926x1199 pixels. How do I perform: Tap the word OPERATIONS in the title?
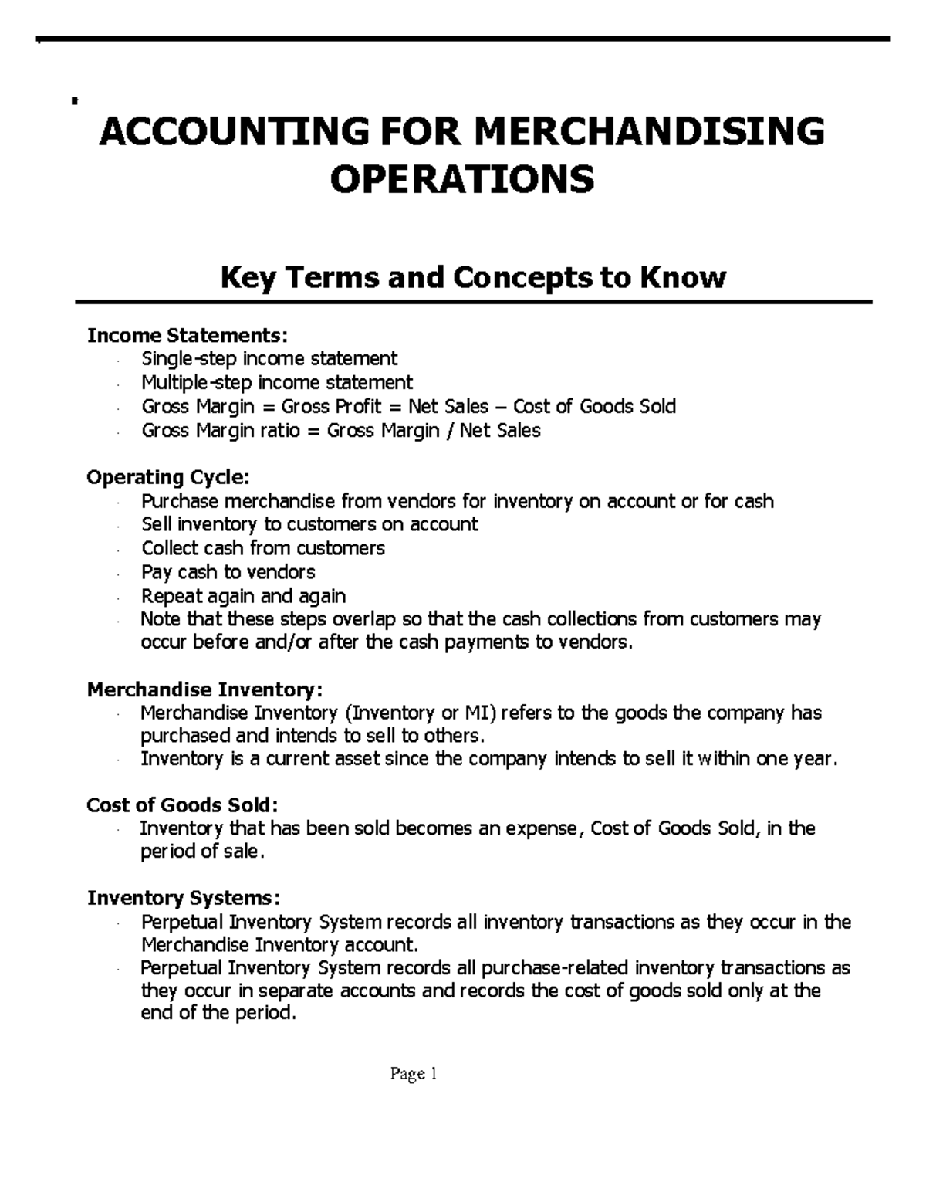pyautogui.click(x=462, y=179)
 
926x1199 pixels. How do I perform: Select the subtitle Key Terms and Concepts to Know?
pyautogui.click(x=473, y=276)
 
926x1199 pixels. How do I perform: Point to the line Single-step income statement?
pyautogui.click(x=269, y=358)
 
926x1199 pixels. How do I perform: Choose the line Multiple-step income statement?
pyautogui.click(x=277, y=382)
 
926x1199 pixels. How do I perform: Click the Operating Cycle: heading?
pyautogui.click(x=168, y=478)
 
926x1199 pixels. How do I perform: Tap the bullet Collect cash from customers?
pyautogui.click(x=263, y=548)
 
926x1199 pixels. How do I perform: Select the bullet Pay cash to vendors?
pyautogui.click(x=228, y=572)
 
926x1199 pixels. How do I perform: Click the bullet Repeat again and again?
pyautogui.click(x=244, y=596)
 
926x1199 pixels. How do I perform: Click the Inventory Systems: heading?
pyautogui.click(x=184, y=899)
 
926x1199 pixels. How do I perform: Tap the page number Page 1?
pyautogui.click(x=414, y=1074)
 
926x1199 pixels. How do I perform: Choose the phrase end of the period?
pyautogui.click(x=218, y=1014)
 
